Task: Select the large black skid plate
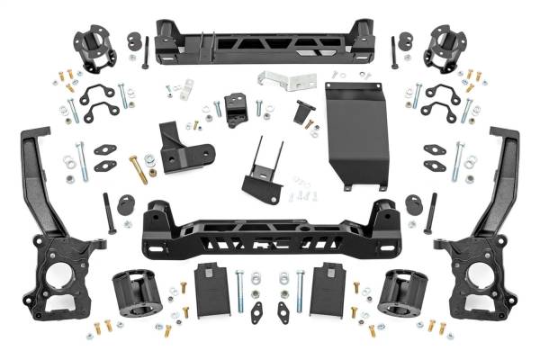click(x=351, y=135)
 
